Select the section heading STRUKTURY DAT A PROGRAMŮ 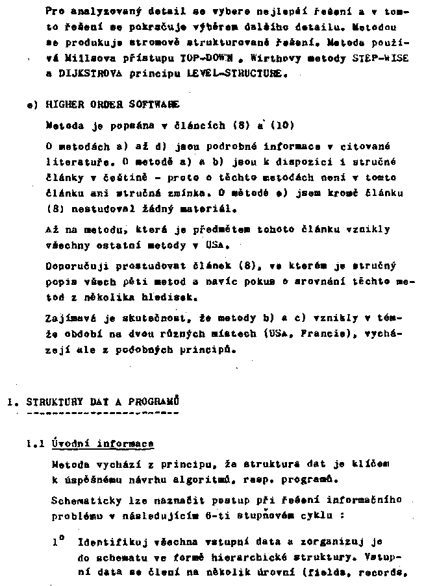[103, 402]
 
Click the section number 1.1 [34, 445]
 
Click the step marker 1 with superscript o [57, 541]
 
